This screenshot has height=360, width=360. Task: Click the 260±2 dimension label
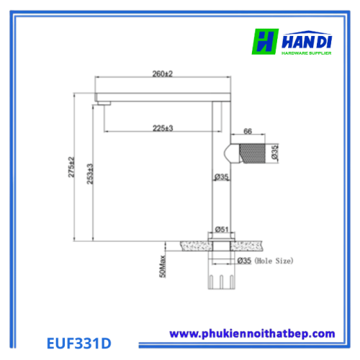[x=163, y=73]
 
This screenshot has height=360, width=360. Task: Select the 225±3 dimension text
[x=163, y=128]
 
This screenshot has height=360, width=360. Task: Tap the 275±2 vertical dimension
[x=71, y=167]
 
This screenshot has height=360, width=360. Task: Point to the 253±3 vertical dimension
[x=90, y=174]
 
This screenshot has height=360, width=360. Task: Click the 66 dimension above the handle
[x=248, y=131]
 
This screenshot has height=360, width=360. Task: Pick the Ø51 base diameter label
[x=222, y=230]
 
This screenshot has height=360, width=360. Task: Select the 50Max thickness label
[x=163, y=266]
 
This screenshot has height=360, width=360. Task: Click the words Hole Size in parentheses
[x=274, y=261]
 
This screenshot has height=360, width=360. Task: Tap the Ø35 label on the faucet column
[x=221, y=177]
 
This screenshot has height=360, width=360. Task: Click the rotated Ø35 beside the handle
[x=274, y=152]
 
